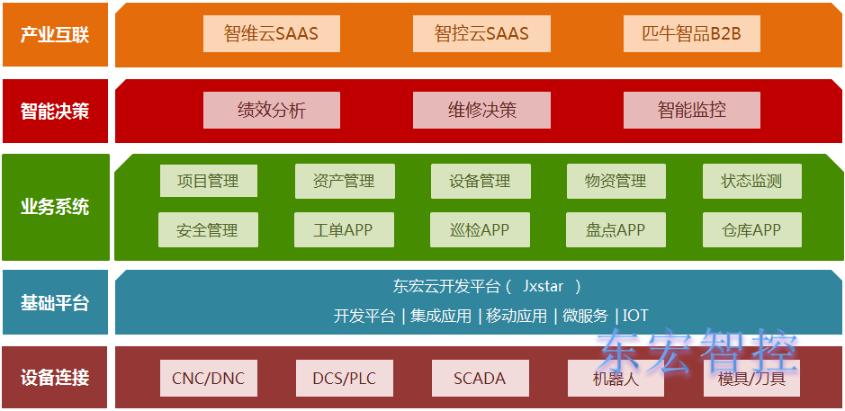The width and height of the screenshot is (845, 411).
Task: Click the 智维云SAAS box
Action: tap(271, 34)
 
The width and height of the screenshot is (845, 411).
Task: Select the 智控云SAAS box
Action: tap(481, 34)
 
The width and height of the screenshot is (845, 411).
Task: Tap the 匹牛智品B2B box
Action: tap(691, 34)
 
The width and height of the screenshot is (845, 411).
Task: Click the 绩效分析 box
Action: tap(271, 111)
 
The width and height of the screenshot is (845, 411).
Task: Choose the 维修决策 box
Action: tap(481, 111)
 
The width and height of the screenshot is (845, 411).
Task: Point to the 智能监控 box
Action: tap(691, 111)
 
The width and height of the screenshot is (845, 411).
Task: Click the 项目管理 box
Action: tap(208, 181)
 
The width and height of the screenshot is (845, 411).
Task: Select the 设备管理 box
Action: tap(481, 181)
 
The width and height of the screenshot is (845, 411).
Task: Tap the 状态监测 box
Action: tap(751, 181)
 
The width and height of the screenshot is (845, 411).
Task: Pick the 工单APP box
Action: tap(344, 229)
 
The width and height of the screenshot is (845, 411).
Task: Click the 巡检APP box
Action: tap(481, 229)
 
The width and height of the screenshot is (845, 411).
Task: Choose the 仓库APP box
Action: tap(751, 229)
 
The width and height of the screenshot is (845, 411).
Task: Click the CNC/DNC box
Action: tap(208, 379)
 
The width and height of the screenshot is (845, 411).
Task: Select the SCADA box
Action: tap(480, 379)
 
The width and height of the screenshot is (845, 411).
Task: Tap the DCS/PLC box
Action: tap(345, 379)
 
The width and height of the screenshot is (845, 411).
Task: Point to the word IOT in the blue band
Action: tap(635, 316)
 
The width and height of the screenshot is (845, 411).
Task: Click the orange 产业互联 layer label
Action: tap(55, 35)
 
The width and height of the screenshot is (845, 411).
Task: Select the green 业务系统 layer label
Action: tap(55, 207)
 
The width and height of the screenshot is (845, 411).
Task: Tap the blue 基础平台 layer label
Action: tap(55, 302)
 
